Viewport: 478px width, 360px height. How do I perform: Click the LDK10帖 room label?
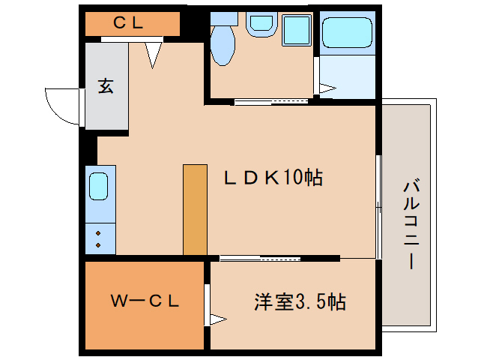pos(273,178)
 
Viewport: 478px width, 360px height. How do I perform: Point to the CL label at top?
pos(128,22)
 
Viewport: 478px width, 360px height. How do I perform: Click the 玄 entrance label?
pos(105,86)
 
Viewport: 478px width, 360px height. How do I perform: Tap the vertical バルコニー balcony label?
pos(409,224)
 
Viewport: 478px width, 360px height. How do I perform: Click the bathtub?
pos(347,33)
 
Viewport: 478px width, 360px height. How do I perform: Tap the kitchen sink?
pos(99,186)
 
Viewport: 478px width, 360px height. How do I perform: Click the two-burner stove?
pos(99,239)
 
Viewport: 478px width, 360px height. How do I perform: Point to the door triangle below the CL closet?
pos(154,54)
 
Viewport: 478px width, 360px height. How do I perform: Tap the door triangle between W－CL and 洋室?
pos(216,319)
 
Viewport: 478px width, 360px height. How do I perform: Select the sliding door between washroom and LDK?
pos(272,101)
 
